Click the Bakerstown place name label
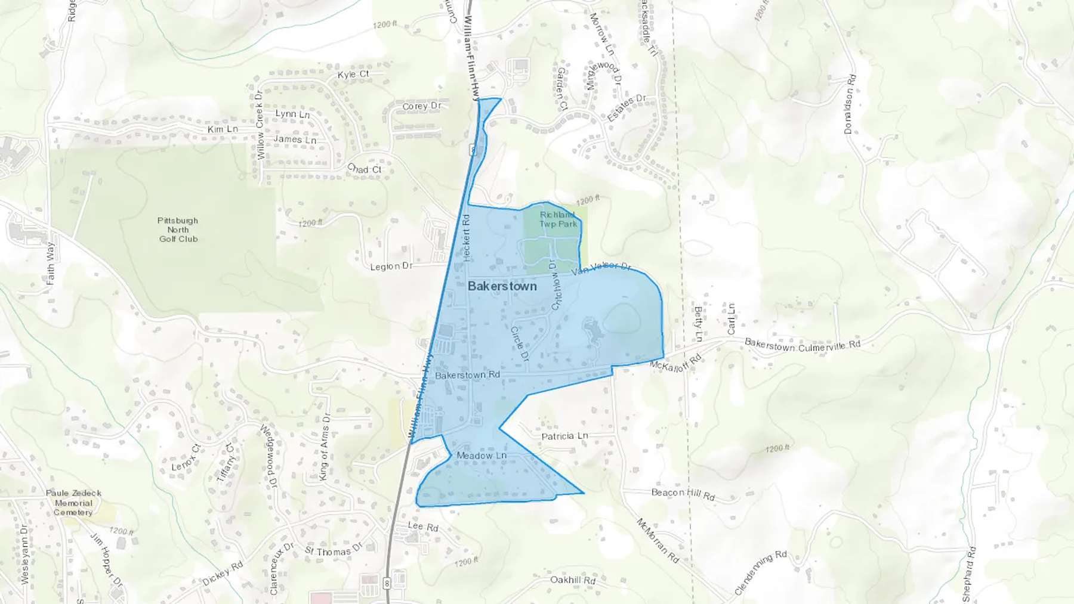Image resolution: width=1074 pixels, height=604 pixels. [502, 286]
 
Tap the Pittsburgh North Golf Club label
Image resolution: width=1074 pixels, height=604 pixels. [178, 230]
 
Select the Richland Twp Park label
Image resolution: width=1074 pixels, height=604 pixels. [558, 219]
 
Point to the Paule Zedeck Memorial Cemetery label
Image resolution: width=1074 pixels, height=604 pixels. [73, 503]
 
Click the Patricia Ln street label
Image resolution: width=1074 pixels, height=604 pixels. [564, 436]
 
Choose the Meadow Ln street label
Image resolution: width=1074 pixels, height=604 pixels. [482, 456]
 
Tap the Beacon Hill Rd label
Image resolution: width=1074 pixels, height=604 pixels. [683, 494]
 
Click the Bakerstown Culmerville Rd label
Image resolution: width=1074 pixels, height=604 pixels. [803, 345]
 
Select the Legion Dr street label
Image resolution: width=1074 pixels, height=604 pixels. [391, 266]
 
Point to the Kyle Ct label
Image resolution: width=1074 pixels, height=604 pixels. [353, 75]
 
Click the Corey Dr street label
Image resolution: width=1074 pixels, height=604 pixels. [421, 106]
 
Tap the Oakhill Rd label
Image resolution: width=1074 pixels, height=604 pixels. [573, 580]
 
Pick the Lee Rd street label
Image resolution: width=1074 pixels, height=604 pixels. [423, 526]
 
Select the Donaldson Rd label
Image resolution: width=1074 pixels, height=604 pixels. [850, 104]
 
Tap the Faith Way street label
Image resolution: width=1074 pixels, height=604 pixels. [50, 263]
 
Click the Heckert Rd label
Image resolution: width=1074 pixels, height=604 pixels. [467, 237]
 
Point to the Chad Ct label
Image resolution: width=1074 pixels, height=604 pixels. [364, 169]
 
